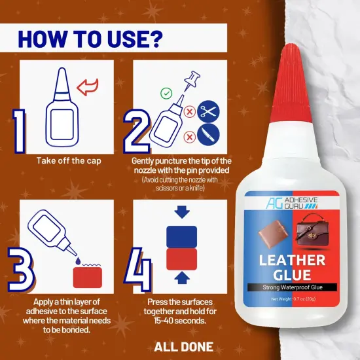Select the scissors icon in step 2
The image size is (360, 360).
[x=208, y=111]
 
